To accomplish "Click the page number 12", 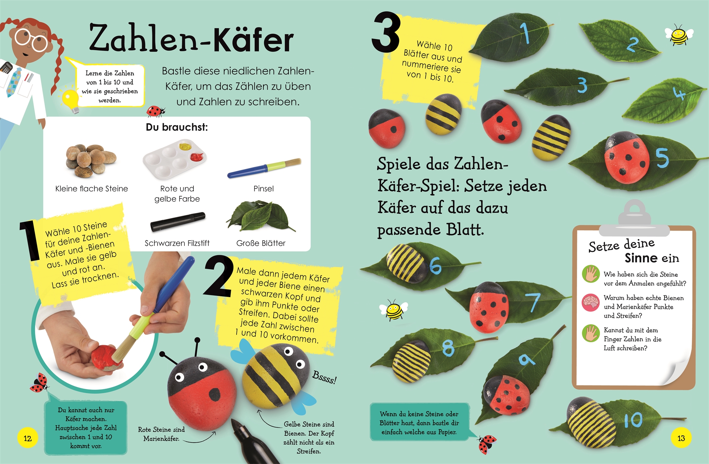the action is point(28,438).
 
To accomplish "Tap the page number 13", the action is point(681,438).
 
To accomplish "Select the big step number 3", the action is point(386,33).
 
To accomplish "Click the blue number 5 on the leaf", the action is point(662,158).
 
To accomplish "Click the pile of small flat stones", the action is point(91,161).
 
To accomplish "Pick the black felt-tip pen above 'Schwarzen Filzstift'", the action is point(178,222).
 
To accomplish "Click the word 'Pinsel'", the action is point(263,188).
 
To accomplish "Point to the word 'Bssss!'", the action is point(325,377).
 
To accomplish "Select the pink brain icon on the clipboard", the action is point(591,303).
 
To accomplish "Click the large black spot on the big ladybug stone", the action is point(214,395).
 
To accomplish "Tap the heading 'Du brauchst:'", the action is point(177,127).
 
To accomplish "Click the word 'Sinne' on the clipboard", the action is point(642,258).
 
